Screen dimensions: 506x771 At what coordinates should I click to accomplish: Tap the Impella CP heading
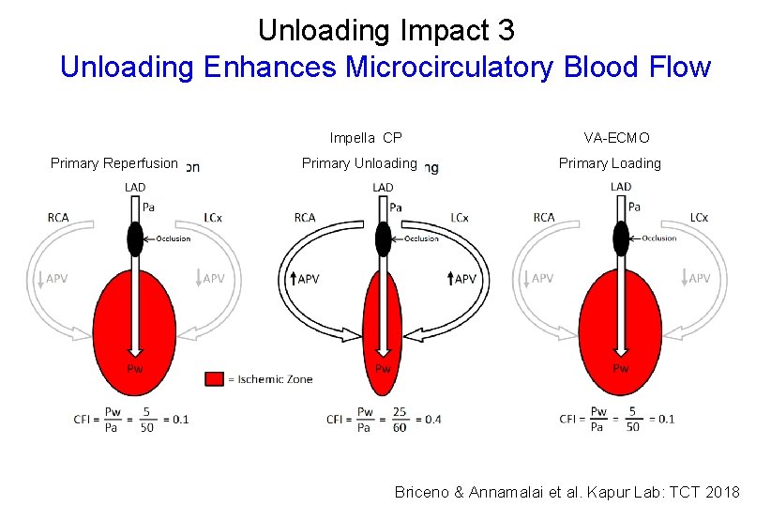coord(366,138)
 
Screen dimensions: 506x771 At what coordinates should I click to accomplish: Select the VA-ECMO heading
coord(616,138)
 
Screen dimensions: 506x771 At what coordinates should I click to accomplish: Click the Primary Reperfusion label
coord(113,163)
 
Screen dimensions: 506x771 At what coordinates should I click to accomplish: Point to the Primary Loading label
coord(610,163)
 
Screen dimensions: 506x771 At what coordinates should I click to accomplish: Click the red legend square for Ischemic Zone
coord(214,379)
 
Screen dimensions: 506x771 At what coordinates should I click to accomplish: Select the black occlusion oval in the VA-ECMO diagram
coord(620,238)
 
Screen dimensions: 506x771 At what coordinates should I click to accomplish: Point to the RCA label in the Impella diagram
coord(305,218)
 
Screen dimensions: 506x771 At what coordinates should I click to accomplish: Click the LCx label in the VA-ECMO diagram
coord(699,218)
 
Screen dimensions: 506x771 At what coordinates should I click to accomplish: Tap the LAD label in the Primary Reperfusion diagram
coord(135,188)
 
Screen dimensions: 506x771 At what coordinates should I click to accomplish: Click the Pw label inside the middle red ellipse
coord(383,368)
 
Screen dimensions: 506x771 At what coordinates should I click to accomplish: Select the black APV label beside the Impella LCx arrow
coord(465,279)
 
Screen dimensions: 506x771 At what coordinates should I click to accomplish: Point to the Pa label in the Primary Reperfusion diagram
coord(148,206)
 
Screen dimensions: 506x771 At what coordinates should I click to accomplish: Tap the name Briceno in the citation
coord(423,492)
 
